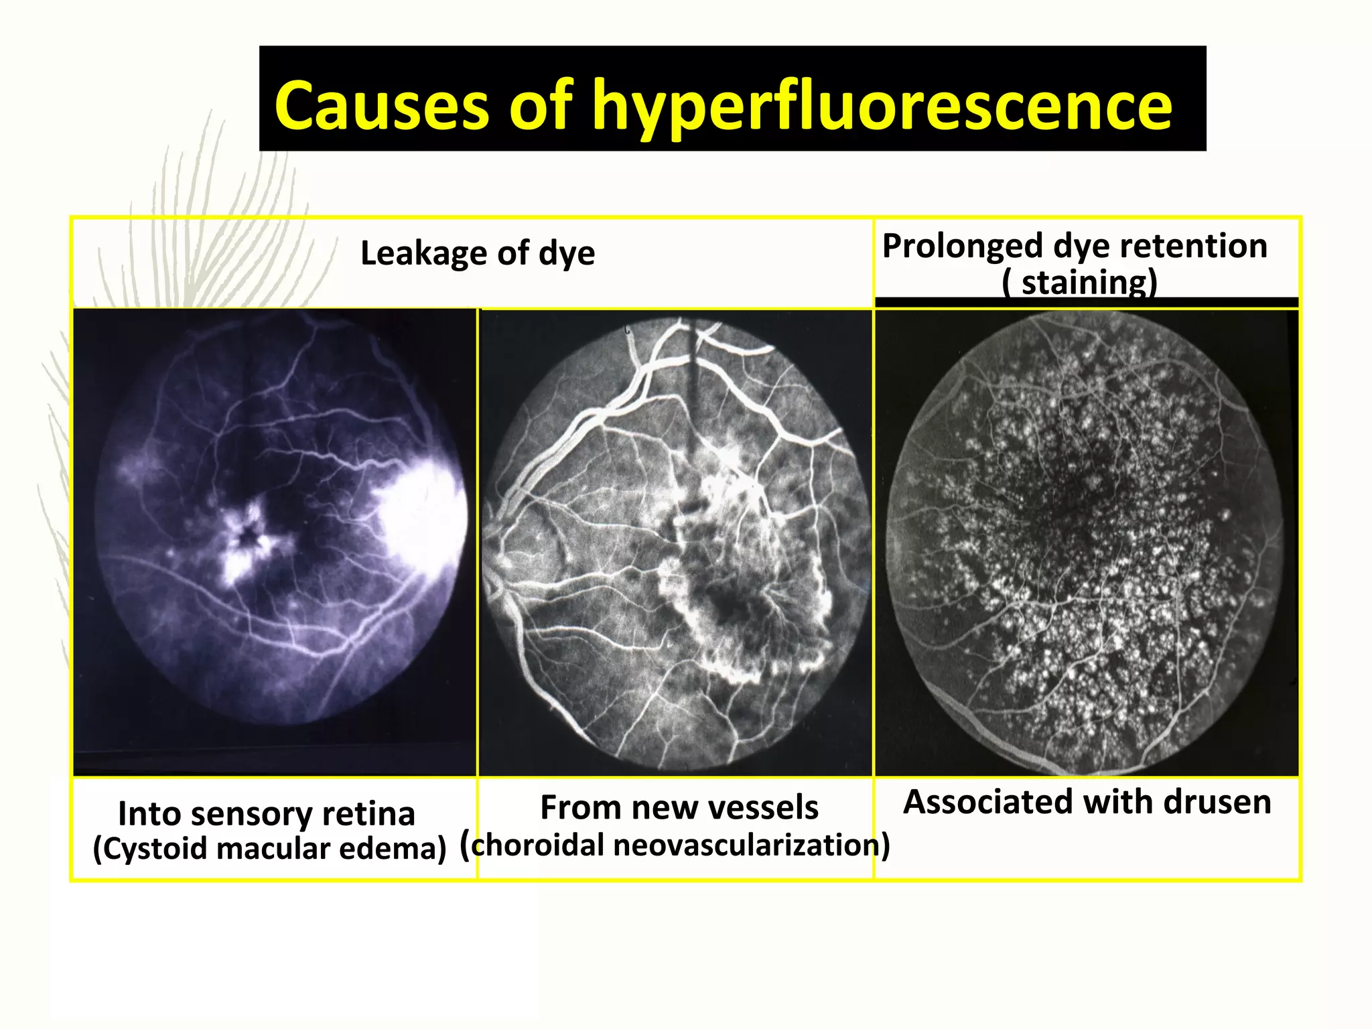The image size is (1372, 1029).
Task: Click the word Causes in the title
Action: [382, 105]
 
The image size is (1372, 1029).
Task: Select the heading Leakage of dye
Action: [477, 253]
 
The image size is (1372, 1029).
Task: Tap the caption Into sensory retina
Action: [266, 814]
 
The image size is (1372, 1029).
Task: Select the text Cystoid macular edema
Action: [269, 849]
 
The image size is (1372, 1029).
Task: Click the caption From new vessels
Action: [679, 807]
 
